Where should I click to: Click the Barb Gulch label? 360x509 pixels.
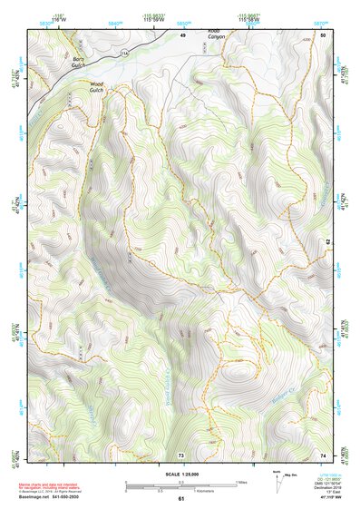[x=80, y=62]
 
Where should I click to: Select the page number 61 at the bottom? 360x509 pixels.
[x=180, y=499]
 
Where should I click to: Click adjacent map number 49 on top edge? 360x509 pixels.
[x=181, y=34]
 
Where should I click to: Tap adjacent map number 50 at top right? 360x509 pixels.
[x=323, y=34]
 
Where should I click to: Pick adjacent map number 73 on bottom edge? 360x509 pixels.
[x=180, y=455]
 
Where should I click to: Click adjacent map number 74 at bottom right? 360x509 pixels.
[x=323, y=455]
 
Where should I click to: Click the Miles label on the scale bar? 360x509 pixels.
[x=241, y=482]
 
